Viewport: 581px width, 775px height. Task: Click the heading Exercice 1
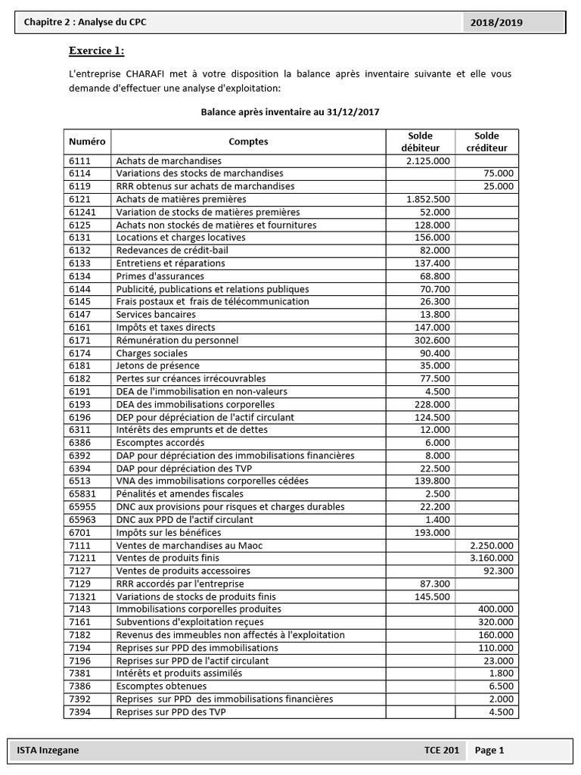click(x=97, y=51)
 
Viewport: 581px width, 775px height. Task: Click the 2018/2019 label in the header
click(x=496, y=23)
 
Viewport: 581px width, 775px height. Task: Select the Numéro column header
click(x=87, y=142)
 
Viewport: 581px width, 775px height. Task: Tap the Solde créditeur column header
click(x=486, y=142)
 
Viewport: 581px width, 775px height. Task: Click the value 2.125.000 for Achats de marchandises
click(x=427, y=160)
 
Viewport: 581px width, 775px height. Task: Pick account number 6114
click(x=79, y=173)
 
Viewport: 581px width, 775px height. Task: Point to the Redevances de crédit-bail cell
click(x=172, y=250)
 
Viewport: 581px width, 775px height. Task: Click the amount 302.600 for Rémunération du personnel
click(x=433, y=340)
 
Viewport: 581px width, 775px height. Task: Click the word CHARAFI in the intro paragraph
click(x=154, y=74)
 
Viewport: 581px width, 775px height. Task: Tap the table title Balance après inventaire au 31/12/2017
click(x=290, y=111)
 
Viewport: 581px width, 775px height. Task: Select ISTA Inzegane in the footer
click(x=48, y=750)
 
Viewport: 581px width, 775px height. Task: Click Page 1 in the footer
click(x=489, y=750)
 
